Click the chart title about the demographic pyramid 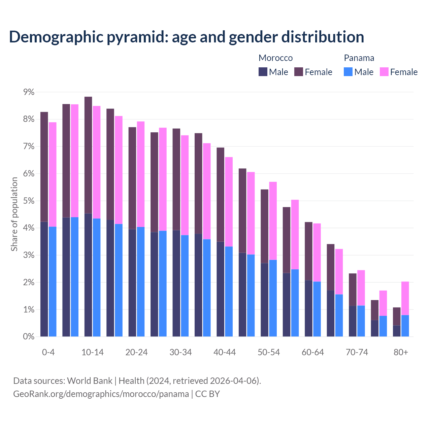pyautogui.click(x=187, y=37)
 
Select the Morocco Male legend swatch pyautogui.click(x=263, y=72)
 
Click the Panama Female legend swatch pyautogui.click(x=384, y=72)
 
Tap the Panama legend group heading pyautogui.click(x=359, y=58)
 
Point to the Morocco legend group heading pyautogui.click(x=275, y=58)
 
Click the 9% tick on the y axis pyautogui.click(x=29, y=92)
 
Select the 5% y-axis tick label pyautogui.click(x=29, y=201)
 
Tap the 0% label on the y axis pyautogui.click(x=29, y=337)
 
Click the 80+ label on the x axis pyautogui.click(x=401, y=353)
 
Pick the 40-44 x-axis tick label pyautogui.click(x=225, y=353)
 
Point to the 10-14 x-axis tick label pyautogui.click(x=93, y=353)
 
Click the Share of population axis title pyautogui.click(x=14, y=214)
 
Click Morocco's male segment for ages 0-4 pyautogui.click(x=44, y=279)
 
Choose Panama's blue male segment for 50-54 pyautogui.click(x=273, y=298)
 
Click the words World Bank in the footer pyautogui.click(x=90, y=381)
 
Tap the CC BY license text pyautogui.click(x=207, y=394)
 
